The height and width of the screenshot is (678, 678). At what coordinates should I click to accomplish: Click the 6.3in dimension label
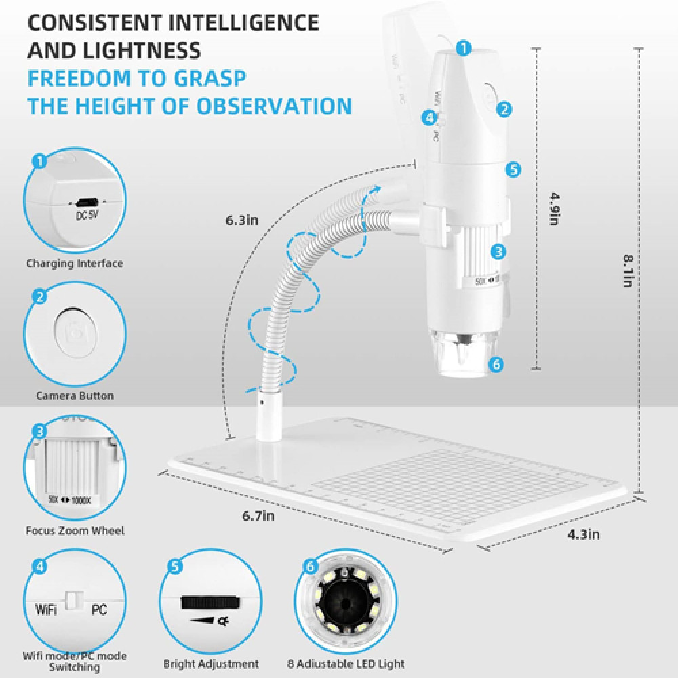tap(242, 220)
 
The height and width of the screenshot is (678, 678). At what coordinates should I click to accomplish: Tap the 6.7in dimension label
tap(259, 516)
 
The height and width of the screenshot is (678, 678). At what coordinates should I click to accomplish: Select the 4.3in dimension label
tap(583, 534)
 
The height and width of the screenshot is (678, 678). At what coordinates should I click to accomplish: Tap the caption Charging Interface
tap(75, 263)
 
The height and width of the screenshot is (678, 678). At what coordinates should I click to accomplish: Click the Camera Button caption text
tap(75, 395)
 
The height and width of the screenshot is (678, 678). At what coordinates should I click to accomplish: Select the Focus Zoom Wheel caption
tap(75, 531)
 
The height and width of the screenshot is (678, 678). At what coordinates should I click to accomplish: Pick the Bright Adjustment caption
tap(211, 664)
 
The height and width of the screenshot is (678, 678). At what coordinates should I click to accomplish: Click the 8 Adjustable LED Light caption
tap(346, 664)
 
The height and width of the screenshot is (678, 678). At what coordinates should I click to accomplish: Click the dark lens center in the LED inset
tap(346, 601)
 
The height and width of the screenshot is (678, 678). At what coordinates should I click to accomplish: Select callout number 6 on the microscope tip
tap(496, 365)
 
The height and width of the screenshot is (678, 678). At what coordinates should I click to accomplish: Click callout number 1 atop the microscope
tap(463, 47)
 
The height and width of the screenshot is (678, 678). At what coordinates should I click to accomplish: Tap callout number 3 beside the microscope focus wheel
tap(498, 252)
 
